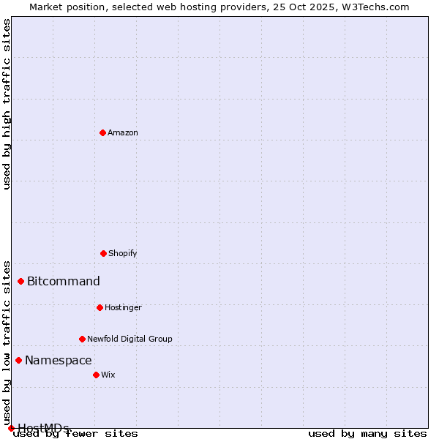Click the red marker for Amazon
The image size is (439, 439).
click(x=102, y=132)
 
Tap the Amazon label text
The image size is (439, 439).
click(x=123, y=132)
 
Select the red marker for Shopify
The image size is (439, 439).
click(x=103, y=253)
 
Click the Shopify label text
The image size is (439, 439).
click(x=123, y=253)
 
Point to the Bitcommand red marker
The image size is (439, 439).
click(x=20, y=281)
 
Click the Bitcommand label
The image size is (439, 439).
click(x=64, y=281)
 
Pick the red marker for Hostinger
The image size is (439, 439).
click(x=100, y=307)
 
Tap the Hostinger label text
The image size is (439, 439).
click(x=123, y=307)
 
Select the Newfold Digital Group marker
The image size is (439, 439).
click(x=82, y=339)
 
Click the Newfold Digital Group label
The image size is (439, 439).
click(x=130, y=339)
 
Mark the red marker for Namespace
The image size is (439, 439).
click(x=18, y=360)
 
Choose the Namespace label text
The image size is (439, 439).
click(x=59, y=360)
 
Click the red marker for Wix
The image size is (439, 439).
click(x=96, y=375)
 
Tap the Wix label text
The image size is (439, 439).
click(x=108, y=375)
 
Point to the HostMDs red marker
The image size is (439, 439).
click(x=11, y=428)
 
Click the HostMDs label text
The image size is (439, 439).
click(x=44, y=427)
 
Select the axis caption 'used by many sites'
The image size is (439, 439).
click(x=367, y=433)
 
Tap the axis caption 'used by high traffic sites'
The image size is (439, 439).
click(x=7, y=104)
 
